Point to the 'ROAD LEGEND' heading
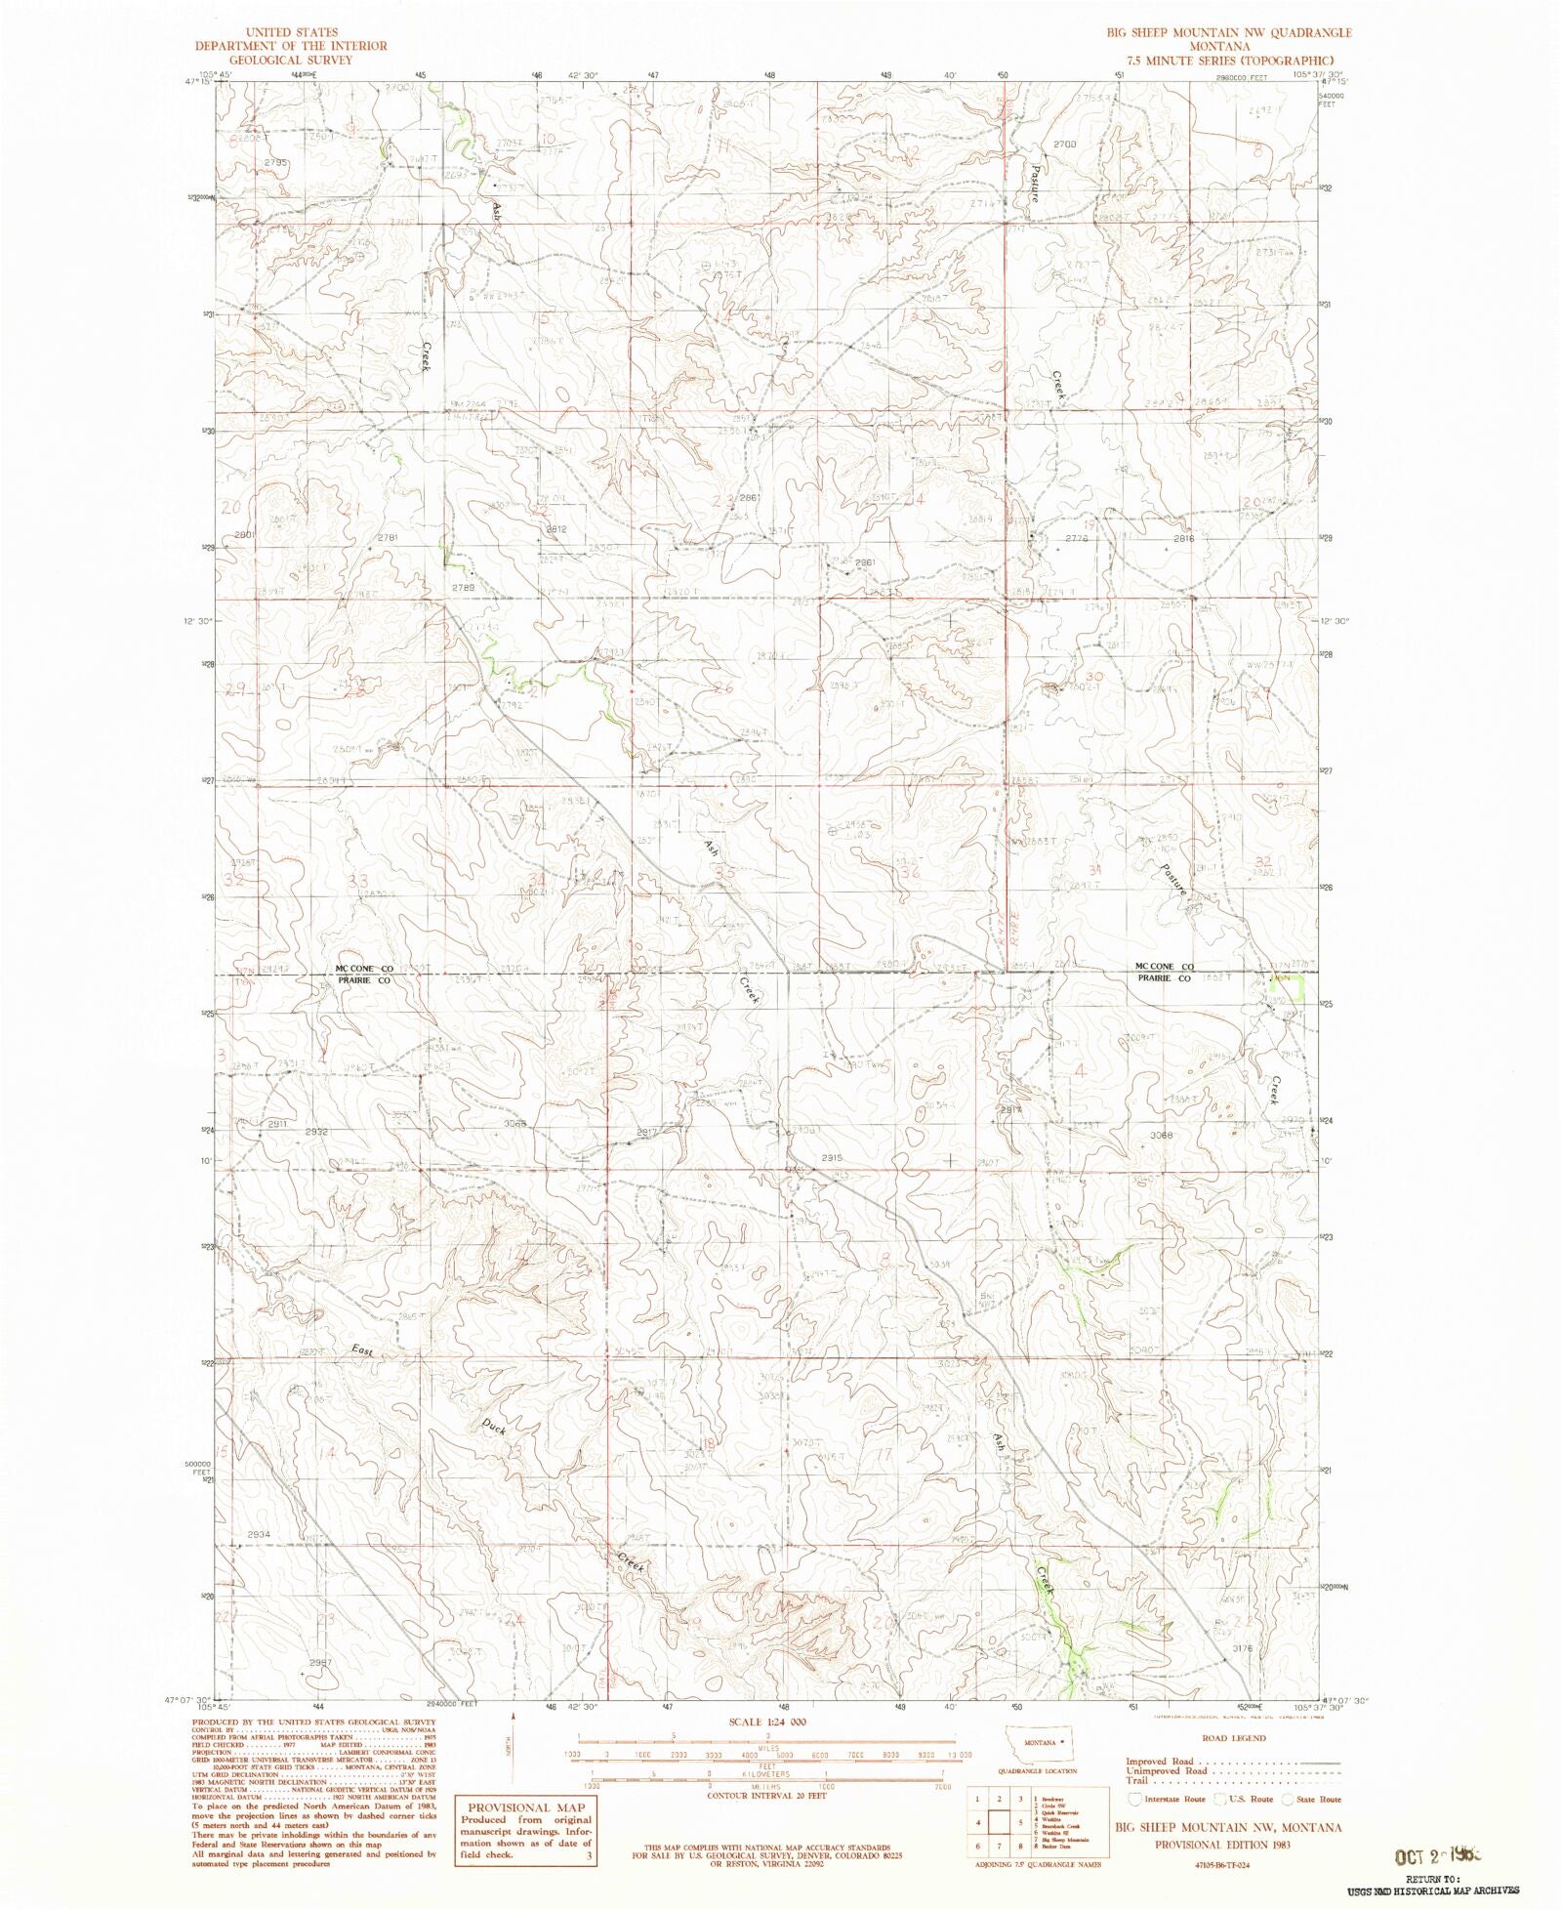pyautogui.click(x=1234, y=1738)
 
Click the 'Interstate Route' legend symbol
pyautogui.click(x=1135, y=1799)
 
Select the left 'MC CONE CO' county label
pyautogui.click(x=364, y=969)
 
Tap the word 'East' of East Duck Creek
pyautogui.click(x=362, y=1349)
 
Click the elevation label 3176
pyautogui.click(x=1242, y=1648)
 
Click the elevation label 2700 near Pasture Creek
pyautogui.click(x=1064, y=144)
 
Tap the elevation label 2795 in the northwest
pyautogui.click(x=274, y=162)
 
